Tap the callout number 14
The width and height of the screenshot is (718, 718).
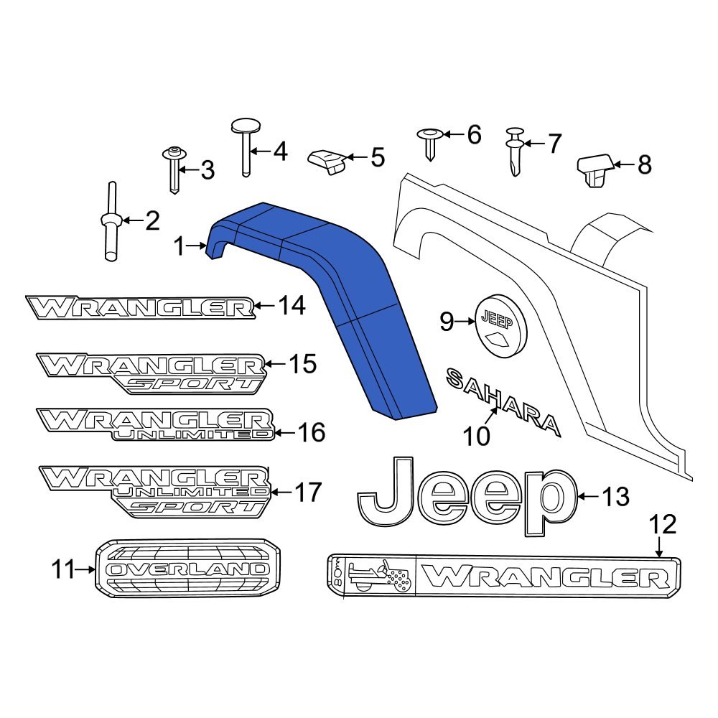pyautogui.click(x=292, y=307)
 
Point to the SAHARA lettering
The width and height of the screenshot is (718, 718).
pyautogui.click(x=503, y=402)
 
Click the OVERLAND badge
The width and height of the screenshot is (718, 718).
pyautogui.click(x=189, y=568)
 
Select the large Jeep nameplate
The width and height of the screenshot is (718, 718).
pyautogui.click(x=467, y=495)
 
